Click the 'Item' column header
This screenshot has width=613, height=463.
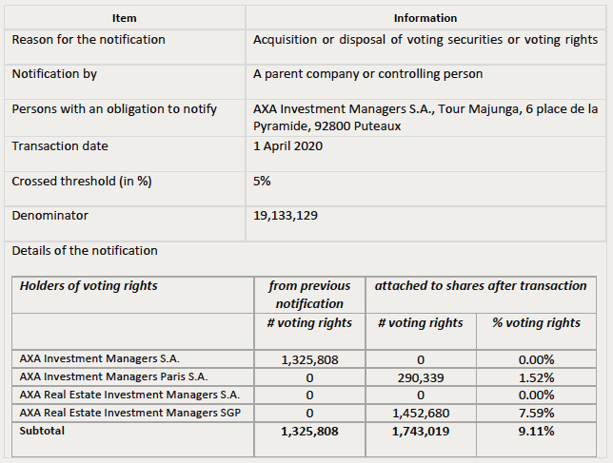125,18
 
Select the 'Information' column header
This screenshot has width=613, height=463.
425,18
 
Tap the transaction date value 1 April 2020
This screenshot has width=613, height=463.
287,146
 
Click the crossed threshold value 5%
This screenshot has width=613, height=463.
262,182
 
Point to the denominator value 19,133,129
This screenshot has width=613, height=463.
286,216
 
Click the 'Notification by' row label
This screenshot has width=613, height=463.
54,74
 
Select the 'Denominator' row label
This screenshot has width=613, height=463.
50,216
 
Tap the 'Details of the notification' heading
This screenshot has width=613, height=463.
85,251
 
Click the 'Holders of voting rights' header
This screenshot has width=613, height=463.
89,286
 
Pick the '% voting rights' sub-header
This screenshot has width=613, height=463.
536,323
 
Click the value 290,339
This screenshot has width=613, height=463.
421,377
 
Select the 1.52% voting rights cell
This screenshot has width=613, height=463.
537,377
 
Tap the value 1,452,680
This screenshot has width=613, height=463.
421,413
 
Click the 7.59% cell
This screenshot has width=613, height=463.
537,413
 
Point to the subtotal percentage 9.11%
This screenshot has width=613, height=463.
537,431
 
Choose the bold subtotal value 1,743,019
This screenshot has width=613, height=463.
421,431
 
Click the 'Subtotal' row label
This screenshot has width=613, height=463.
42,431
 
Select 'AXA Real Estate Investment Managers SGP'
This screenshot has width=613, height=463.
130,413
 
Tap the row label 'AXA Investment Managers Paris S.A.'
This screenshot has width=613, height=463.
114,376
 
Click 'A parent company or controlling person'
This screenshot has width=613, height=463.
367,74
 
